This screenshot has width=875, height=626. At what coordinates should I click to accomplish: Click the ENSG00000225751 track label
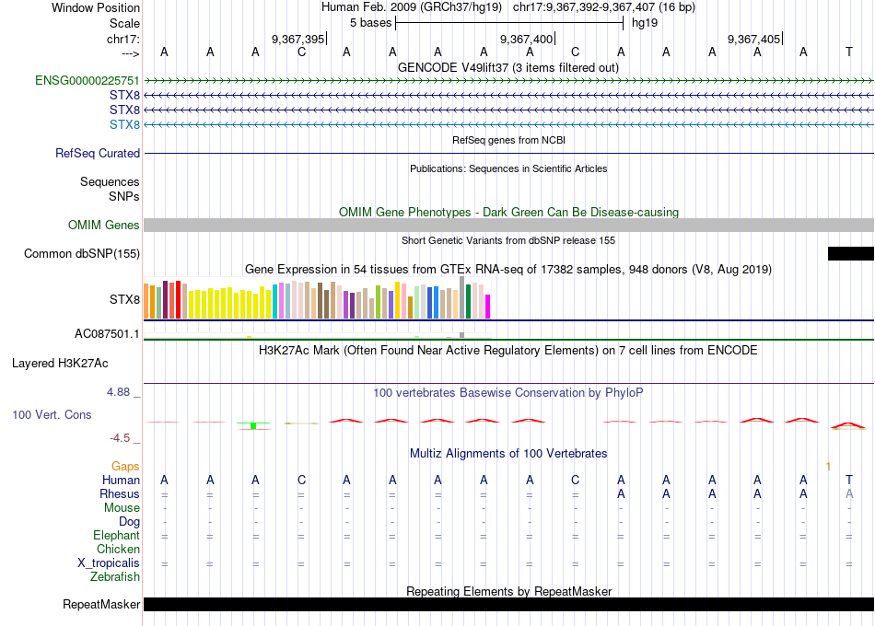click(87, 81)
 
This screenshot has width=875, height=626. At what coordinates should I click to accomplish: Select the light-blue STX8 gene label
click(124, 124)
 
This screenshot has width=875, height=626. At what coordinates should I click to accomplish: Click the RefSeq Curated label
click(98, 154)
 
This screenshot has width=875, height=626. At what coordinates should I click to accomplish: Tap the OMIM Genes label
click(104, 226)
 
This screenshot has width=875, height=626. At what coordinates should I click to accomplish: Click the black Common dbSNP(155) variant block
click(850, 254)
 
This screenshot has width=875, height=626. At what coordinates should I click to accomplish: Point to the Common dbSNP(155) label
click(82, 254)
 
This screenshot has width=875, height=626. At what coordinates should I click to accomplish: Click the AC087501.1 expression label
click(108, 334)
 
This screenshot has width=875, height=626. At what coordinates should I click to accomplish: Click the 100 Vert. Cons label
click(52, 415)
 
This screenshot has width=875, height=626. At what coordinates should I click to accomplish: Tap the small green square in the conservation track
click(253, 425)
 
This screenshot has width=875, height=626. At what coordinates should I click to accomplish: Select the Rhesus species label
click(120, 494)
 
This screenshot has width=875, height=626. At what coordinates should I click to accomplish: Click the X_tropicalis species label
click(109, 563)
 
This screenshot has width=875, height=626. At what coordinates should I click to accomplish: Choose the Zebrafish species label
click(115, 577)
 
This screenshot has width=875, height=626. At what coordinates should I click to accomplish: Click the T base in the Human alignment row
click(849, 480)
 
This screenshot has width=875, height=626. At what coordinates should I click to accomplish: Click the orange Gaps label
click(125, 467)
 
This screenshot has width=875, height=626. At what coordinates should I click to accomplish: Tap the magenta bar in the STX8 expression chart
click(488, 307)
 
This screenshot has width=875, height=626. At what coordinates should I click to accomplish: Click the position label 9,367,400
click(526, 40)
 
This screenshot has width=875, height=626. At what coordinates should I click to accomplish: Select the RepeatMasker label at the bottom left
click(101, 605)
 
